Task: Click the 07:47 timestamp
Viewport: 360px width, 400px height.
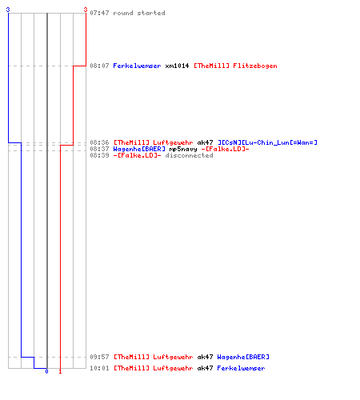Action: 99,13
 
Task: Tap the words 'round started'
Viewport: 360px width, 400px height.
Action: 139,13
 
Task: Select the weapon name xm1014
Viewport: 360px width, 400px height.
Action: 177,66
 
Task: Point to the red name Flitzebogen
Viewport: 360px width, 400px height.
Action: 255,66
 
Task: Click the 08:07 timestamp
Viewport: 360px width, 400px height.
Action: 99,66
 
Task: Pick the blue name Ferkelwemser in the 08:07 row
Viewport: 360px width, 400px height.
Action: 137,66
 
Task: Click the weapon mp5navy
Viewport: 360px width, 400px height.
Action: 183,149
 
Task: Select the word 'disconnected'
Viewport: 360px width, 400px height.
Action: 189,155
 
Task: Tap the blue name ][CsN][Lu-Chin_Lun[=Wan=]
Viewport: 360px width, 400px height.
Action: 267,142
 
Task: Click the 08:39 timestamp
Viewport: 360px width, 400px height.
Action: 99,155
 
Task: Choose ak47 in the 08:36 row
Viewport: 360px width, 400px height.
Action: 205,142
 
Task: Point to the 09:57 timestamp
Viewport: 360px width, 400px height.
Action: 99,357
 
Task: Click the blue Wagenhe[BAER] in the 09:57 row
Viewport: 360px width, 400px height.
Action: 243,357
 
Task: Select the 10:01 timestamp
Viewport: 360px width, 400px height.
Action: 99,368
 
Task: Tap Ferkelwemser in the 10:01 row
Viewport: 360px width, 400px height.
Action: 241,368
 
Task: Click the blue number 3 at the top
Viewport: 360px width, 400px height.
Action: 8,10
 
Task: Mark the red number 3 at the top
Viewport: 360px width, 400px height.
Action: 86,10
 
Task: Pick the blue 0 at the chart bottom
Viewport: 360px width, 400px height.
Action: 46,371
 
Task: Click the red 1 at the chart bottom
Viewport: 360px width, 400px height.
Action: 60,371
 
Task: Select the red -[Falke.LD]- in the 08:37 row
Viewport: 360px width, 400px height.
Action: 225,149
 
